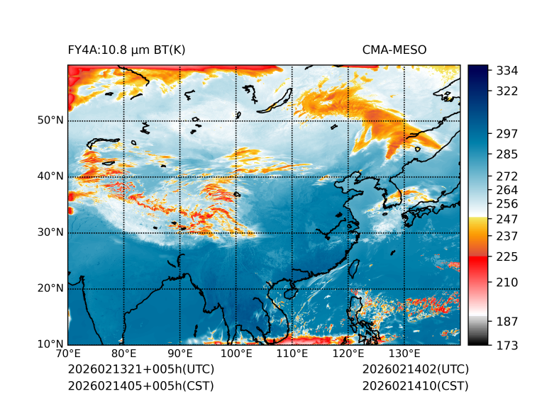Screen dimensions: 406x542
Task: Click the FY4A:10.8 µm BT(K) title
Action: (x=127, y=50)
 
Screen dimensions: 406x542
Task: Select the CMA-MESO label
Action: (x=394, y=50)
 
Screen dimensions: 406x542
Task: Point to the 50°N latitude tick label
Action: (x=50, y=120)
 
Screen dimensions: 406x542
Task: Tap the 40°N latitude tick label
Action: (x=50, y=176)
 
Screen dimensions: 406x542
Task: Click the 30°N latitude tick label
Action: (x=50, y=232)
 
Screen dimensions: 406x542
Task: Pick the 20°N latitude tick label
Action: (x=50, y=288)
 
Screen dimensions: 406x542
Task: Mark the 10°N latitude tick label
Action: (x=50, y=344)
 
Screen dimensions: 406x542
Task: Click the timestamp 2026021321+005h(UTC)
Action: (x=140, y=370)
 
